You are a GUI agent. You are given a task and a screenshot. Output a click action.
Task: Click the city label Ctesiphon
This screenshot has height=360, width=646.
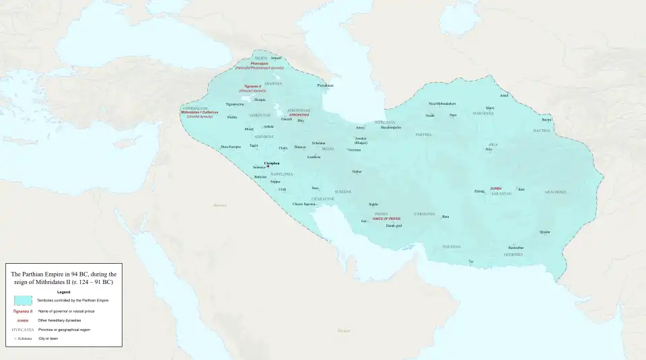coord(272,162)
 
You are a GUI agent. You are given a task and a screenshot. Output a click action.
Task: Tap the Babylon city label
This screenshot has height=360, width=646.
coord(260,176)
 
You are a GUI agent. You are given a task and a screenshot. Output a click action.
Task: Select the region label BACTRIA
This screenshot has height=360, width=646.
coord(542,131)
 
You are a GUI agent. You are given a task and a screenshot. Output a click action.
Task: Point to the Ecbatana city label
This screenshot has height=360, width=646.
coord(318,143)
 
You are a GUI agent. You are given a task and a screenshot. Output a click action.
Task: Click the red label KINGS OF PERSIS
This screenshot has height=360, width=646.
coord(386,218)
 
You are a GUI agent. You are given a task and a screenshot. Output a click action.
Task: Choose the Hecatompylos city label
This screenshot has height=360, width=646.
coord(390,127)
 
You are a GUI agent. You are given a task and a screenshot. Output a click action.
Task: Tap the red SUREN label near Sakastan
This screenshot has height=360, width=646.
coord(496,188)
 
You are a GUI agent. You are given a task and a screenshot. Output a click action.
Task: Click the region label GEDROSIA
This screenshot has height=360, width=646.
coord(514,254)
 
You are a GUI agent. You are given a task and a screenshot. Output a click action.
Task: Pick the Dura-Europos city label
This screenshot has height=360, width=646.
coord(230,146)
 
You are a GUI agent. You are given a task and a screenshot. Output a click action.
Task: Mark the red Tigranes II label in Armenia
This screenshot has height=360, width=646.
coord(252,87)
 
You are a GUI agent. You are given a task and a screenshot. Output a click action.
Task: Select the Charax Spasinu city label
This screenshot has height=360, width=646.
coord(303,203)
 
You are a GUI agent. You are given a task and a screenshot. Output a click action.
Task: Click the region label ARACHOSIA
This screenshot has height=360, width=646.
coord(556,192)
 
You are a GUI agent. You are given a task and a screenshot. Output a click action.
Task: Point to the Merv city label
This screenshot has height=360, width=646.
coord(490,108)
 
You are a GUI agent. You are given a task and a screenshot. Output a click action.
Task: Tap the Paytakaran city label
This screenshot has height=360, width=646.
coord(325,85)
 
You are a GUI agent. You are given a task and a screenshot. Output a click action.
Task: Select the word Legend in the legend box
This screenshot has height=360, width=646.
coord(63,291)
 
